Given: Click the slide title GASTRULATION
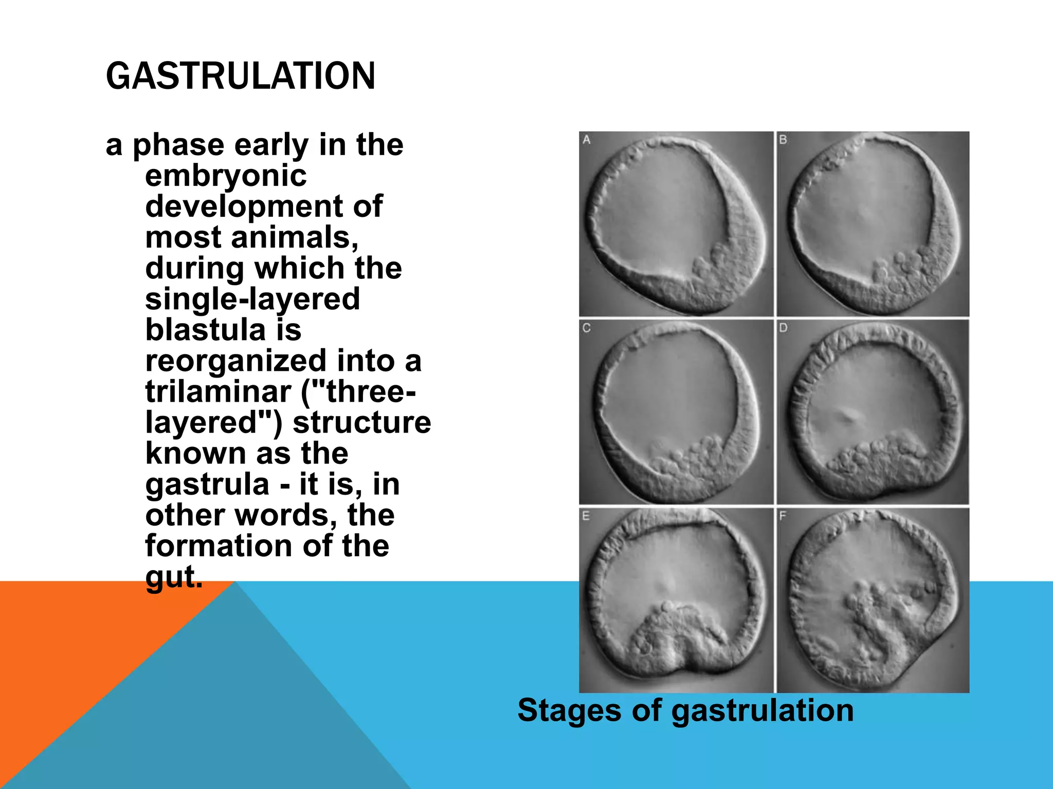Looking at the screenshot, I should [240, 76].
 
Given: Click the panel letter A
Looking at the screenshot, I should [587, 139].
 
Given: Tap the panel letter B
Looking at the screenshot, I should [783, 139].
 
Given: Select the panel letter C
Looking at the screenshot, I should [587, 328].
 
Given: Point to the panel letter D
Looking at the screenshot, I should [783, 328].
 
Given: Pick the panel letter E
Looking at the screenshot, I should [586, 516].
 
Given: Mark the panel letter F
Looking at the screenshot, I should [783, 516].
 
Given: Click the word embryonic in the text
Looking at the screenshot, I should [226, 176].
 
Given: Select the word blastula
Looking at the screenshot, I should [205, 330].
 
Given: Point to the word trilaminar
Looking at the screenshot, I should [218, 391].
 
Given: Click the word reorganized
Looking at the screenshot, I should [235, 361].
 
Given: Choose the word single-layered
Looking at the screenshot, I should [252, 299].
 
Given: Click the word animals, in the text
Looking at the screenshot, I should [294, 237].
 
